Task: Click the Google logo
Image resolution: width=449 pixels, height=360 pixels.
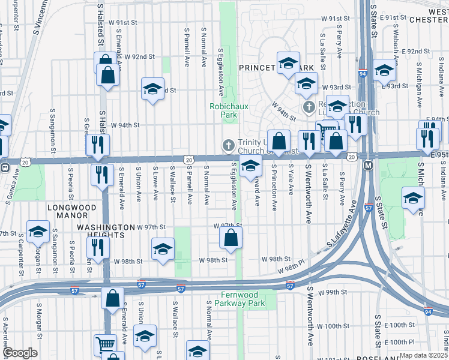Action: pos(20,353)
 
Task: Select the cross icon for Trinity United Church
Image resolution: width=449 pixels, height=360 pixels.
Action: pos(228,145)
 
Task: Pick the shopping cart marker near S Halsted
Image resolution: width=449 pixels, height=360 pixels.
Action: pos(105,344)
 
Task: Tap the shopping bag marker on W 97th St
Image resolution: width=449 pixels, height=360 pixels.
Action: pos(231,238)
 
